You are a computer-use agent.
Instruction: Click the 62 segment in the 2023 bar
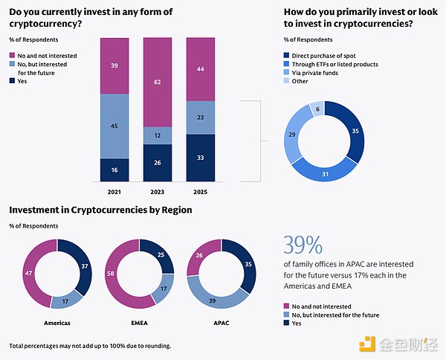(158, 82)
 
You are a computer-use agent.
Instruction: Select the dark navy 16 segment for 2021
(114, 170)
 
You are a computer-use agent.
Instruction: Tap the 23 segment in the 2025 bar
(201, 117)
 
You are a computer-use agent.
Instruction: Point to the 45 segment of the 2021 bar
(114, 126)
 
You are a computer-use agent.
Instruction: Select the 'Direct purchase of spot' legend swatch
(287, 54)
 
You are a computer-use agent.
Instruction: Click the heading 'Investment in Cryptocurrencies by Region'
(100, 210)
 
